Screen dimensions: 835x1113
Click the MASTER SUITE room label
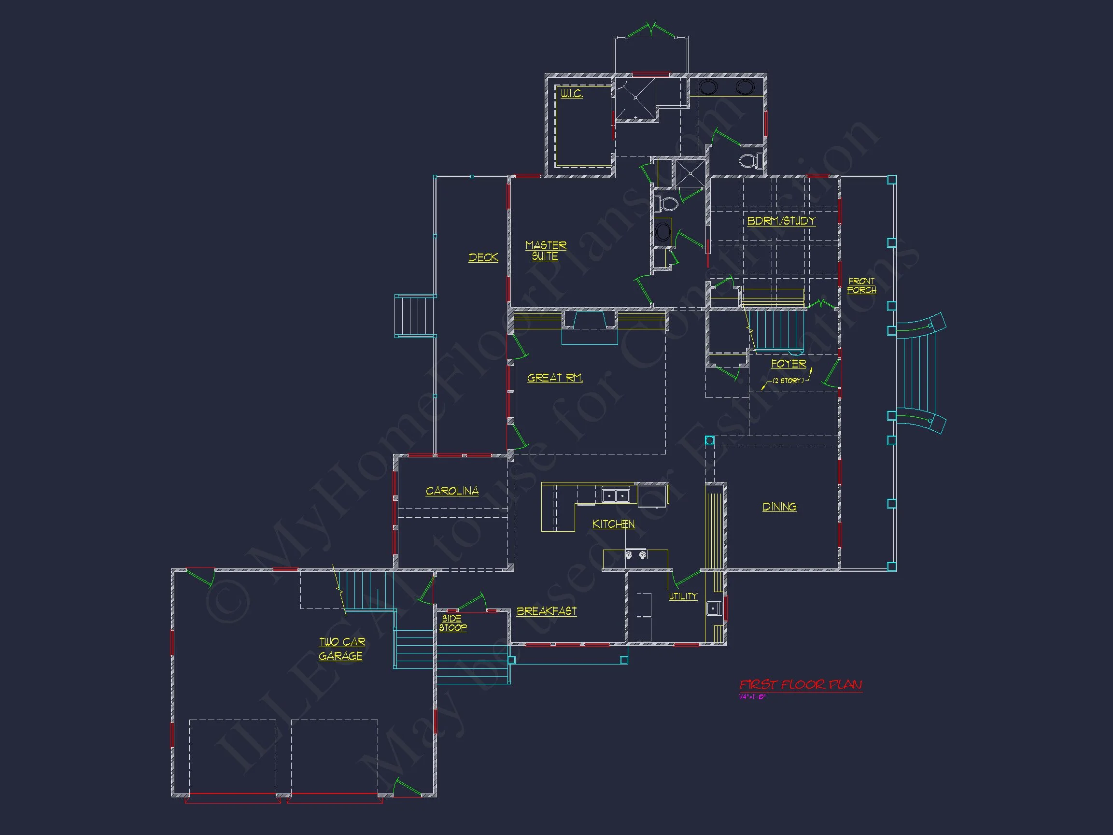tap(546, 251)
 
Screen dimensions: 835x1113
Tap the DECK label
tap(483, 258)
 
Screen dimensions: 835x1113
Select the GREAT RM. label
tap(554, 378)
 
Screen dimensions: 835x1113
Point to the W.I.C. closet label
tap(572, 94)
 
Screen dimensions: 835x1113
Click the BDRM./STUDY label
tap(781, 221)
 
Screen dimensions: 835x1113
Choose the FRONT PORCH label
tap(861, 286)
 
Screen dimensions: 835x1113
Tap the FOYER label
tap(789, 364)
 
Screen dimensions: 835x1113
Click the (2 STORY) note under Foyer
tap(788, 381)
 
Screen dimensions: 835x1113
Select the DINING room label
tap(779, 507)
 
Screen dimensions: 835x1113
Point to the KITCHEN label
tap(613, 524)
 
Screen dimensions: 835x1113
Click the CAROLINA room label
tap(452, 491)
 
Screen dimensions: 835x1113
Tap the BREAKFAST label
tap(547, 611)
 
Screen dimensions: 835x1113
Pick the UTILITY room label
tap(683, 596)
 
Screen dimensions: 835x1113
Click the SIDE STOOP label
tap(452, 623)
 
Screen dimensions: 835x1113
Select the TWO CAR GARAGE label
tap(342, 649)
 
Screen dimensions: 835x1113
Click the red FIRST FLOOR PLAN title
tap(800, 684)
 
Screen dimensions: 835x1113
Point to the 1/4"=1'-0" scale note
tap(752, 697)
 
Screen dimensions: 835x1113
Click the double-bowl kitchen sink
tap(615, 496)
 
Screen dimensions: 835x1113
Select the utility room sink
tap(714, 609)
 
